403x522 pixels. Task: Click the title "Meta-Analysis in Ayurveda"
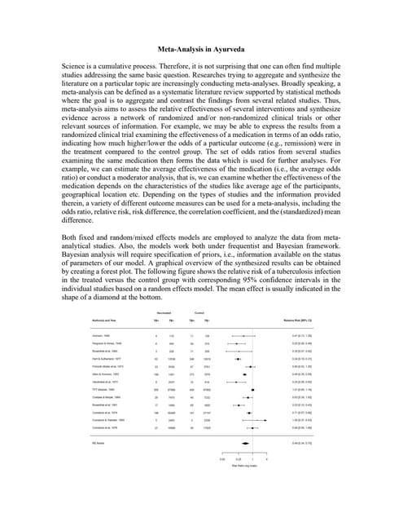[201, 49]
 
